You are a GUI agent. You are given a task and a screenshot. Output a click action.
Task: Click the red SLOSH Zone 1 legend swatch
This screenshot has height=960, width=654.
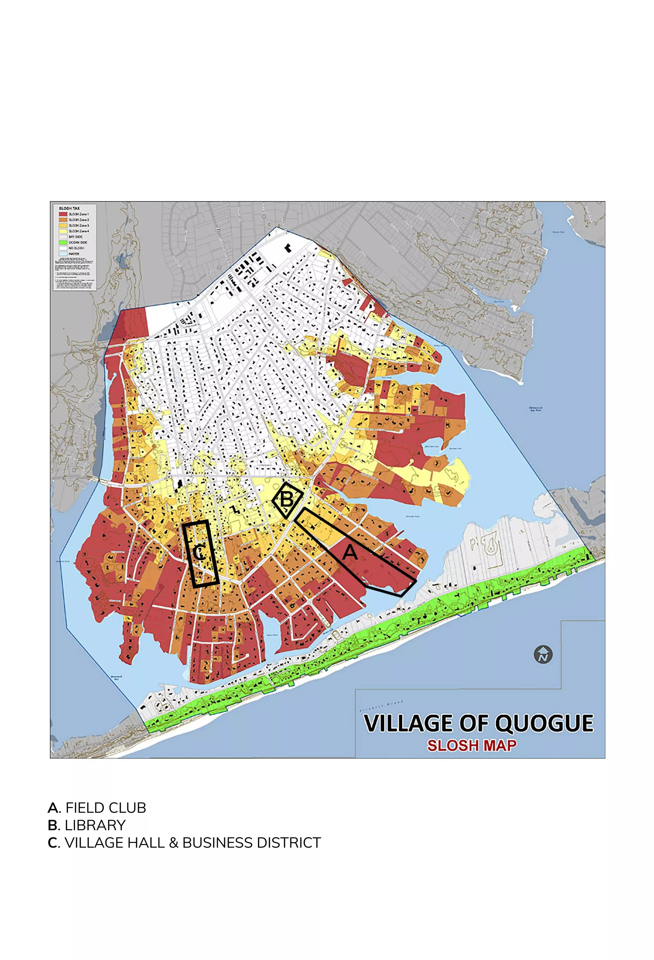pyautogui.click(x=63, y=214)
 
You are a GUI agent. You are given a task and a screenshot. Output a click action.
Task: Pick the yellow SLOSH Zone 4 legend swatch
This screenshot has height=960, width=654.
pyautogui.click(x=63, y=231)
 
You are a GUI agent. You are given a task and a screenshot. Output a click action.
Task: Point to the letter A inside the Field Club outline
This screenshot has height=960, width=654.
pyautogui.click(x=350, y=552)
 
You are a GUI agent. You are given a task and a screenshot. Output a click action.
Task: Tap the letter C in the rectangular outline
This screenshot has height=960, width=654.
pyautogui.click(x=199, y=553)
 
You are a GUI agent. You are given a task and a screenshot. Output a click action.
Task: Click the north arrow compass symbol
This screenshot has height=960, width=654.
pyautogui.click(x=543, y=654)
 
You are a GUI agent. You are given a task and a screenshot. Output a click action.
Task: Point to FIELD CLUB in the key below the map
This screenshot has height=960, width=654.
pyautogui.click(x=106, y=808)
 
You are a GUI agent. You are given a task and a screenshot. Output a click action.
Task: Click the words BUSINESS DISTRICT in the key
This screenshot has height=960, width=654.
pyautogui.click(x=251, y=843)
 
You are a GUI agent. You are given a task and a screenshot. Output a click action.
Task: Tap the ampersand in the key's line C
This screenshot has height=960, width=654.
pyautogui.click(x=173, y=843)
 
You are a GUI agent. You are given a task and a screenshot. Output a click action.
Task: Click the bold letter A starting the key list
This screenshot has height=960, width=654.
pyautogui.click(x=53, y=808)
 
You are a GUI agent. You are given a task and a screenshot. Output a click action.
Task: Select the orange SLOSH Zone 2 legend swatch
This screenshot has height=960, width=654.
pyautogui.click(x=63, y=220)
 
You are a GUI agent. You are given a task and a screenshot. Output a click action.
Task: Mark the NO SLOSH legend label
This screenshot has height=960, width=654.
pyautogui.click(x=76, y=248)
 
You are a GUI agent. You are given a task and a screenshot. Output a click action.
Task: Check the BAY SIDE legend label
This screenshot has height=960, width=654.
pyautogui.click(x=76, y=237)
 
